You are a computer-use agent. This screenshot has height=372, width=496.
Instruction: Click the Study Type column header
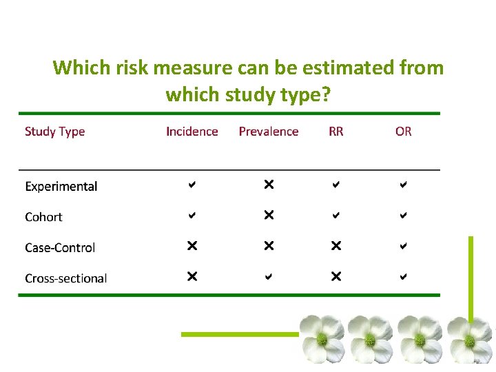point(54,132)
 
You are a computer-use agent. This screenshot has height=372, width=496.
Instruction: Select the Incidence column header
point(192,132)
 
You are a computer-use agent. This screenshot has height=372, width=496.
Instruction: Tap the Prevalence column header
point(269,132)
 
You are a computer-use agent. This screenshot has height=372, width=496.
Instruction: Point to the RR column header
point(335,132)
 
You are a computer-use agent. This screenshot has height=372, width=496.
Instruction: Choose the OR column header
point(403,132)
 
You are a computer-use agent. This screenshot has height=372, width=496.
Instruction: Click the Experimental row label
point(61,187)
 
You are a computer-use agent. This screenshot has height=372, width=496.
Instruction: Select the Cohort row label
point(43,217)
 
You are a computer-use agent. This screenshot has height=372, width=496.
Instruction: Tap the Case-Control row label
point(60,248)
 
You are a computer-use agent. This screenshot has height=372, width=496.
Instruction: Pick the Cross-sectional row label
point(65,279)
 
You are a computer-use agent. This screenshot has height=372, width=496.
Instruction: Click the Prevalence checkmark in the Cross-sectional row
point(269,277)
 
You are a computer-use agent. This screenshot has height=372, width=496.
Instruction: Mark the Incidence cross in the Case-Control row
point(192,246)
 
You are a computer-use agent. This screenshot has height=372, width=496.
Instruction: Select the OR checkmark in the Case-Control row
point(404,246)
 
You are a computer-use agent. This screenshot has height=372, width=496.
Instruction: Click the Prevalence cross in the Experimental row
point(269,185)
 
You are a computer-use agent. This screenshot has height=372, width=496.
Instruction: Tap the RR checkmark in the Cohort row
point(335,216)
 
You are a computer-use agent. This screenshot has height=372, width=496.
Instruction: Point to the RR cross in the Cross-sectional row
point(335,277)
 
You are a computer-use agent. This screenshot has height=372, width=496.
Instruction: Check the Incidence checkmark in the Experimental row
point(192,185)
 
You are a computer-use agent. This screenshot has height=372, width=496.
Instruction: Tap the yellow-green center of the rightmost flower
point(470,340)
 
